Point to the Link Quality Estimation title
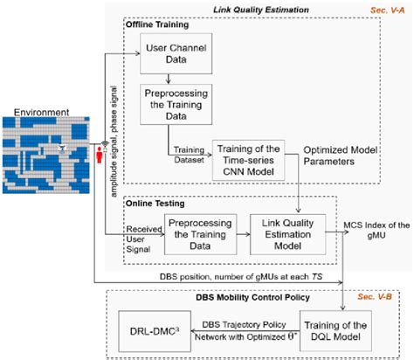[283, 8]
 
